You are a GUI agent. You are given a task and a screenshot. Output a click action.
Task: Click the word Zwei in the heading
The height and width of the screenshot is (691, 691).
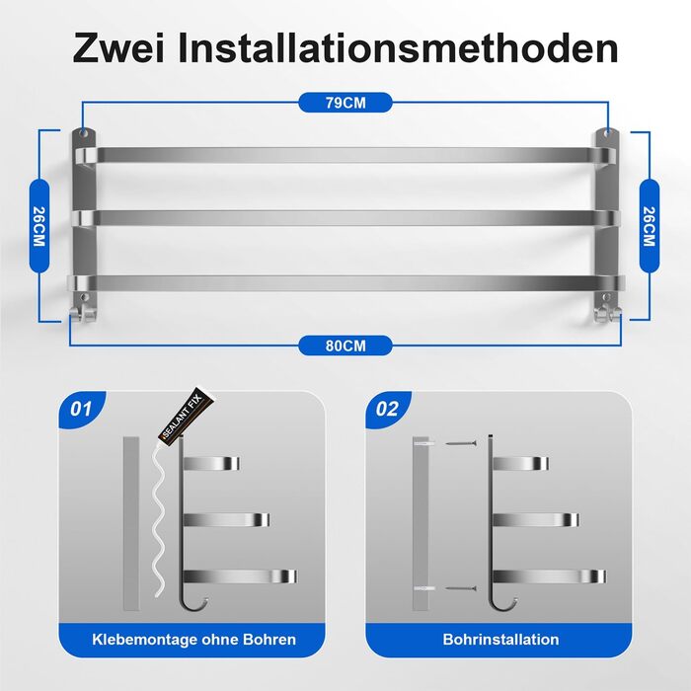[x=118, y=48]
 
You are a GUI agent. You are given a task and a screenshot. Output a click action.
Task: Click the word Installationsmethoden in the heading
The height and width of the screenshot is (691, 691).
[x=398, y=48]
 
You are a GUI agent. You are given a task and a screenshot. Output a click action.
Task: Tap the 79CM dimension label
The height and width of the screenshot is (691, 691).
[x=345, y=103]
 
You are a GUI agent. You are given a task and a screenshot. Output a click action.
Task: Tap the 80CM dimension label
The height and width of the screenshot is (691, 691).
[x=345, y=345]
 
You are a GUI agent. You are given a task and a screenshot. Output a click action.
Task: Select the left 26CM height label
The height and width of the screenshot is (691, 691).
[x=39, y=226]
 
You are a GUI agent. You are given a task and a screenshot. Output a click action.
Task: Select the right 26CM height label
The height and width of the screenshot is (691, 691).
[x=650, y=226]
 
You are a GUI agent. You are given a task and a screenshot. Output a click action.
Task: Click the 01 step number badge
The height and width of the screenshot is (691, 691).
[x=81, y=409]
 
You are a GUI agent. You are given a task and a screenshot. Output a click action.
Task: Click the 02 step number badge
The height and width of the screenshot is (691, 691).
[x=387, y=409]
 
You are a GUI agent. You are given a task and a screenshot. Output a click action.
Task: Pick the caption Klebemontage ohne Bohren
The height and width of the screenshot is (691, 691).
[x=193, y=640]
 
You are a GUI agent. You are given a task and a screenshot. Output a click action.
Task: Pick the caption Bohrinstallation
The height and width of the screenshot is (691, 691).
[x=500, y=640]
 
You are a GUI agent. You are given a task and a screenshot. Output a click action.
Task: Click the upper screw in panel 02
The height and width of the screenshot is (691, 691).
[x=461, y=443]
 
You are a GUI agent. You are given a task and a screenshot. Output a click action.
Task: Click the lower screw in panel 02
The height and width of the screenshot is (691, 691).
[x=461, y=588]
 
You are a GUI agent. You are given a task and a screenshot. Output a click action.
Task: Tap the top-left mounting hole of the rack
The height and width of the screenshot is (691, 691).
[x=84, y=132]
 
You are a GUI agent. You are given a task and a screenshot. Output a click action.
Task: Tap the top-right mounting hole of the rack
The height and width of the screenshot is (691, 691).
[x=607, y=132]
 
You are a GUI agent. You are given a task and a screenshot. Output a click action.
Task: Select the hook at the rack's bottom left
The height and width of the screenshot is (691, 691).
[x=82, y=312]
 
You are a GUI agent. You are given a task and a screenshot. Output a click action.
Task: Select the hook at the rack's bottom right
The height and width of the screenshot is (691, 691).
[x=607, y=312]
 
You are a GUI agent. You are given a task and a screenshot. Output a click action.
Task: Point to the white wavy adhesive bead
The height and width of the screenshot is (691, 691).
[x=160, y=520]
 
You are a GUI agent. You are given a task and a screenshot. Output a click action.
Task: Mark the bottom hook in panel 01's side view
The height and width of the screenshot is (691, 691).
[x=194, y=604]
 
